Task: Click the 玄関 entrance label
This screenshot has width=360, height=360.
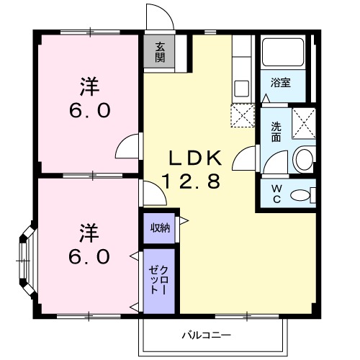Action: [x=159, y=52]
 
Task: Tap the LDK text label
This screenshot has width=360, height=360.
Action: [x=193, y=158]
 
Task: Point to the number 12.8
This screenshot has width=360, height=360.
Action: [x=191, y=181]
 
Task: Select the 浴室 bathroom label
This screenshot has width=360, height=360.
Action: [x=281, y=82]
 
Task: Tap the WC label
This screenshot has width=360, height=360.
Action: [x=276, y=194]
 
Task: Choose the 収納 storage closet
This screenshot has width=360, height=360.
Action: [x=159, y=228]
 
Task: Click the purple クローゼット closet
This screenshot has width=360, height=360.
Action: [x=158, y=281]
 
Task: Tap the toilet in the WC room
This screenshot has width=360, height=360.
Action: [x=309, y=194]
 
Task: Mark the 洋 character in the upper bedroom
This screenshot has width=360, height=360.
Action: [x=89, y=86]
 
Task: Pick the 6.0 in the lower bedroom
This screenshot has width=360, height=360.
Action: [x=90, y=256]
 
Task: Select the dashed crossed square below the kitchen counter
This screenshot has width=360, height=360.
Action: [x=243, y=115]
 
